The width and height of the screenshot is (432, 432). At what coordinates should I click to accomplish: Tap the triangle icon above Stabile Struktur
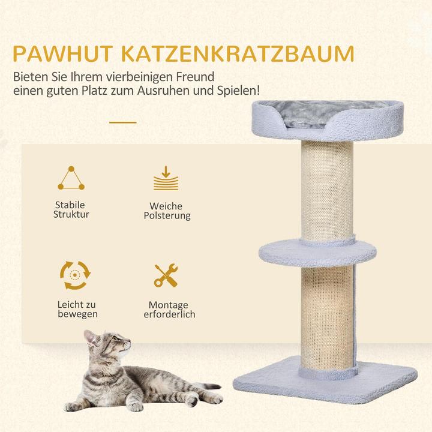click(x=71, y=178)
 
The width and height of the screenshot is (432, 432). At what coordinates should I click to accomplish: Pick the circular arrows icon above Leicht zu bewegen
click(x=74, y=275)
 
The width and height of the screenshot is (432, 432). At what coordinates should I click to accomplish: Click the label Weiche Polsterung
click(x=167, y=210)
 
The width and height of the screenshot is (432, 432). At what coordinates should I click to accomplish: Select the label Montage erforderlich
click(x=169, y=310)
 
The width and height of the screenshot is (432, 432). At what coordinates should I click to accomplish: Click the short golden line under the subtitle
click(x=122, y=122)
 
